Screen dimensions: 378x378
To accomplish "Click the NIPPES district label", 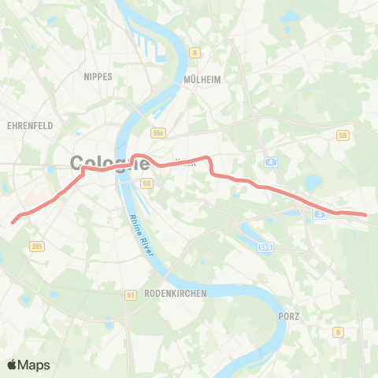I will tap(98, 76).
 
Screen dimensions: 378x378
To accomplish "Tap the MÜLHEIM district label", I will tap(202, 80).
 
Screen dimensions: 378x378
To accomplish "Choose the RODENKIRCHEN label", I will tap(176, 293).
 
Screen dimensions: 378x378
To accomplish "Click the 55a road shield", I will tap(158, 135).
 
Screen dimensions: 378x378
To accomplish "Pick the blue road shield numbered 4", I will tap(271, 161).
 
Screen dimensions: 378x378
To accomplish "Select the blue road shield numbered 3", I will tap(319, 213).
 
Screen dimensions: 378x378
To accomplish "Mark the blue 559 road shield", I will tap(265, 247).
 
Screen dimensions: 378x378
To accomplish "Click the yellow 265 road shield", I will tap(36, 247).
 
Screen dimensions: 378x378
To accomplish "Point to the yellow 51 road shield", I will tap(130, 295).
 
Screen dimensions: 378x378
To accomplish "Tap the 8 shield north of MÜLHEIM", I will tap(195, 53).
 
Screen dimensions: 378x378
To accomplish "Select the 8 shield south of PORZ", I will tap(337, 332).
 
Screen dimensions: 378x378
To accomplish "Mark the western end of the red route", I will tap(13, 222).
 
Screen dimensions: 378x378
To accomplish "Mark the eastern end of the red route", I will tap(366, 214).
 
